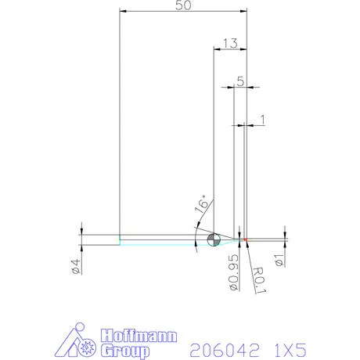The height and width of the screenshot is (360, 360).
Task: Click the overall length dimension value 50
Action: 182,5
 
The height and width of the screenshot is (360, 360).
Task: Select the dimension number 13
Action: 230,44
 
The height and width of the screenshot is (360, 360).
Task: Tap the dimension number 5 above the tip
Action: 240,80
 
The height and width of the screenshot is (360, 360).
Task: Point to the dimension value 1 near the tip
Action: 262,119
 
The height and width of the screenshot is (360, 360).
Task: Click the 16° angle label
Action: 201,206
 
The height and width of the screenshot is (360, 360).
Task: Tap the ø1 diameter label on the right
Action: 278,258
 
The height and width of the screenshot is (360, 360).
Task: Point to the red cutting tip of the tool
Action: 246,239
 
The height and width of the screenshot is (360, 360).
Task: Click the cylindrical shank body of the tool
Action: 157,239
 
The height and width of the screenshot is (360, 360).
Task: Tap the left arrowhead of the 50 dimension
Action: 122,12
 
